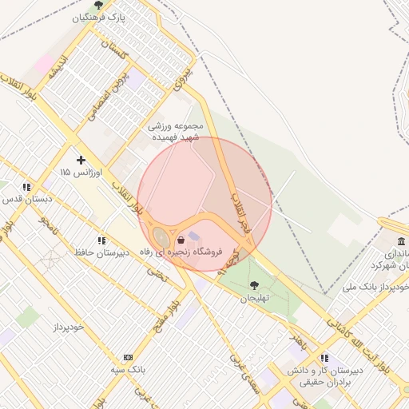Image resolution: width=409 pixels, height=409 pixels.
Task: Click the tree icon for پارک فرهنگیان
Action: coord(98,5)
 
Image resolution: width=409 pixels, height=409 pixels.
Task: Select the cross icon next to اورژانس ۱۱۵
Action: coord(81,160)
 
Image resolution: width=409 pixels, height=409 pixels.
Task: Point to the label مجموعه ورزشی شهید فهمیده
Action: coord(177,132)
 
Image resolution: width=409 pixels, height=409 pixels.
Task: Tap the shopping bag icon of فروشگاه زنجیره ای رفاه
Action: coord(181,240)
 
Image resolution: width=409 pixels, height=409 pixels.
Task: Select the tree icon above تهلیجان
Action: coord(254,285)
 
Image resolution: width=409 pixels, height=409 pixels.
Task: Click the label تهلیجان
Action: coord(254,298)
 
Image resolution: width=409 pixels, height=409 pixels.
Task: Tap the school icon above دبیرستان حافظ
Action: coord(101,240)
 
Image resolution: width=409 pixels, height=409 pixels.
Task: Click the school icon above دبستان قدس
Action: coord(27,186)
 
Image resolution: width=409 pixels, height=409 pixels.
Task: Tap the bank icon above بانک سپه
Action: coord(128,357)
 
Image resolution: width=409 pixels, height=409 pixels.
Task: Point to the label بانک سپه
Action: coord(128,370)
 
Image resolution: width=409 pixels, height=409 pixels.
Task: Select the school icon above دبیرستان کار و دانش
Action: coord(324,358)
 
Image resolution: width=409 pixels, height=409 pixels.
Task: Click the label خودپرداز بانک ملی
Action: coord(375,286)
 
